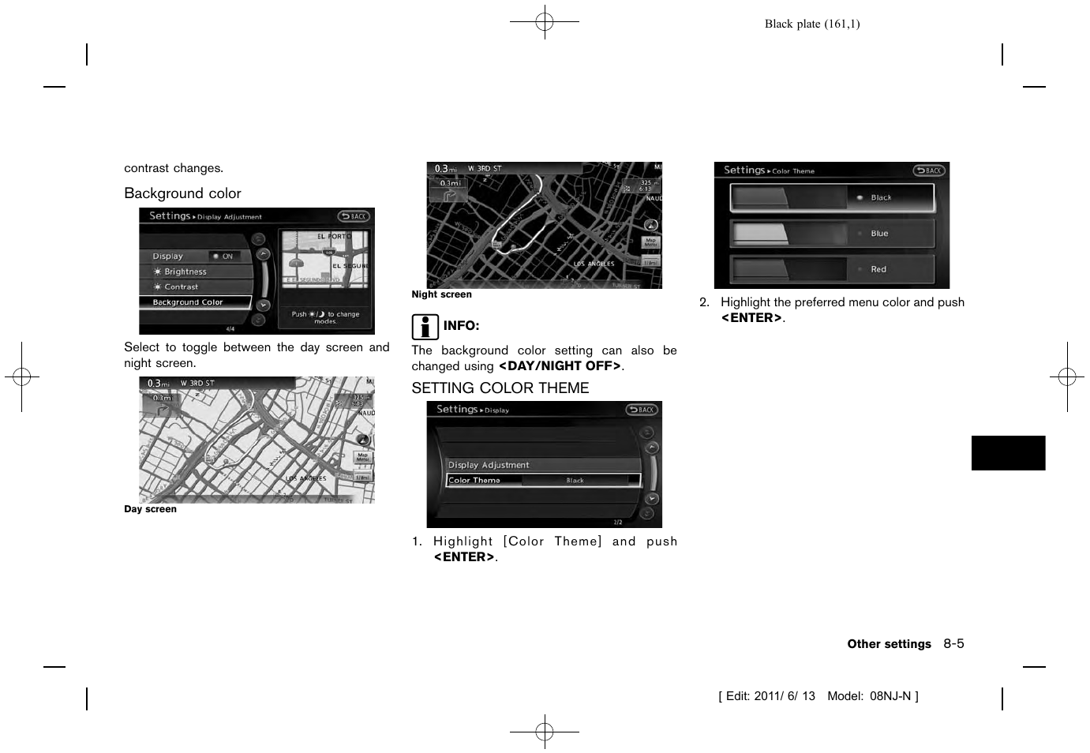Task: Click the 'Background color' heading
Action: (x=182, y=193)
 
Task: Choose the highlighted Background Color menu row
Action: (x=195, y=302)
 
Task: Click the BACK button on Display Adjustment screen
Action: (x=354, y=216)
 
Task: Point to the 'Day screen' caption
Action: (x=150, y=509)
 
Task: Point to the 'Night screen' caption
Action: (x=441, y=294)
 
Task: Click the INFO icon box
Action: (x=425, y=326)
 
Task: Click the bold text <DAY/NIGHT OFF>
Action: (x=560, y=366)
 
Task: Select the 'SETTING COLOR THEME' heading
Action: (x=500, y=388)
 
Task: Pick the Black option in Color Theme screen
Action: (x=832, y=198)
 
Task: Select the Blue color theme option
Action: (x=832, y=234)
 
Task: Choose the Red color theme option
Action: (x=832, y=269)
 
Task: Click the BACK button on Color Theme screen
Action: (x=929, y=170)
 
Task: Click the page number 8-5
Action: (x=953, y=643)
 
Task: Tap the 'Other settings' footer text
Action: (x=889, y=644)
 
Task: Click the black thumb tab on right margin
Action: (x=1008, y=453)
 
